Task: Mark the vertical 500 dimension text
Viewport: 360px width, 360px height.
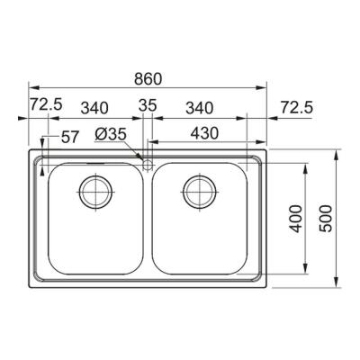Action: (327, 218)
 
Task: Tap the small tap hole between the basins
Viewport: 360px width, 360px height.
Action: (147, 164)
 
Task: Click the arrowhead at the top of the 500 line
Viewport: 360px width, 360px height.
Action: (338, 153)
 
